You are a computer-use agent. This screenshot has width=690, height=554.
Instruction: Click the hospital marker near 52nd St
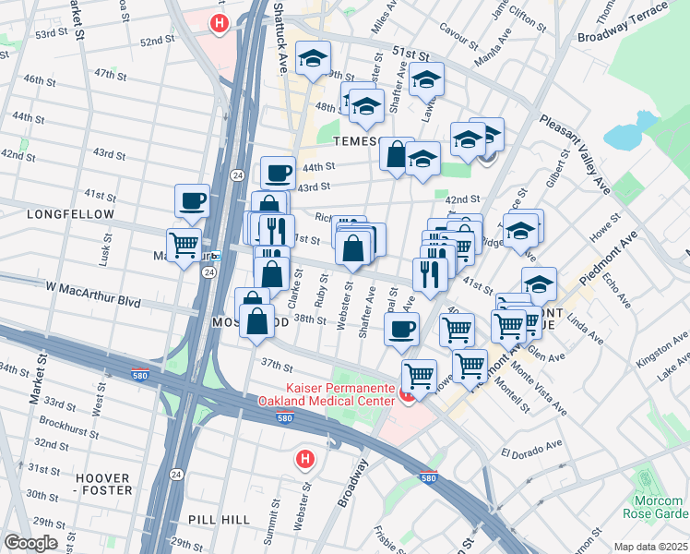(x=219, y=23)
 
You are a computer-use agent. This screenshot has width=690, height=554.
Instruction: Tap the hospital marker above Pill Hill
(x=304, y=458)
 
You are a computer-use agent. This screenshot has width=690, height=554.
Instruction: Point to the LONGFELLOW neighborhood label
(x=57, y=214)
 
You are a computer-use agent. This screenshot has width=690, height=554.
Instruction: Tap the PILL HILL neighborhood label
(x=219, y=520)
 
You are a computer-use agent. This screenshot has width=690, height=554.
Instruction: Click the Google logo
(x=30, y=543)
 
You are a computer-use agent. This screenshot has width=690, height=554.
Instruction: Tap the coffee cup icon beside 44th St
(x=278, y=172)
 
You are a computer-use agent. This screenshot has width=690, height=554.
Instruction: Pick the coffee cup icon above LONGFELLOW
(x=192, y=199)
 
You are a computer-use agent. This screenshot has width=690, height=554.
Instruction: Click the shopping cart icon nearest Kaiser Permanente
(x=420, y=375)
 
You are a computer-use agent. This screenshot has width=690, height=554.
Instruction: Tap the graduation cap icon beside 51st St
(x=425, y=80)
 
